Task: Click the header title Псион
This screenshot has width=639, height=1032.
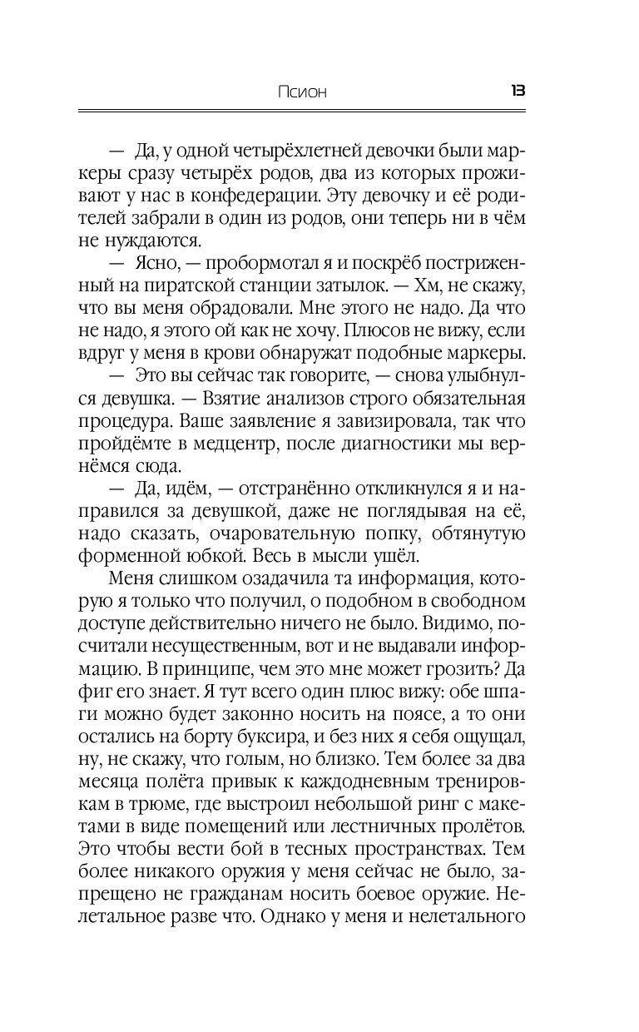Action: (302, 92)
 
